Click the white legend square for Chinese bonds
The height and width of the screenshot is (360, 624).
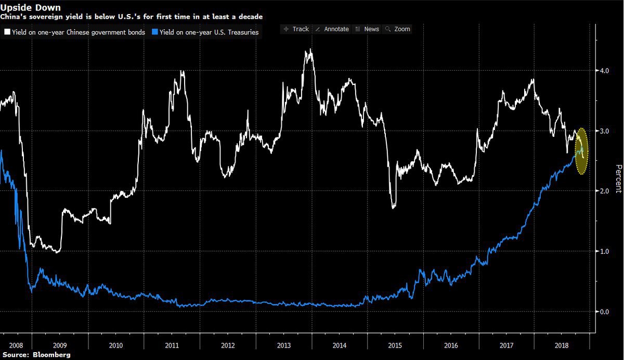[7, 33]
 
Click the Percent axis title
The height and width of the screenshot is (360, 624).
[618, 178]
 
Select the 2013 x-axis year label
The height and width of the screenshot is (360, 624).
[284, 345]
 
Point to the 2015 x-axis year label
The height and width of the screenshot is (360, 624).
[396, 345]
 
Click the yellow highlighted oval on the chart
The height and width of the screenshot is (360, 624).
[582, 151]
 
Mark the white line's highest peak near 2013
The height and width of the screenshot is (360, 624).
[310, 50]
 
